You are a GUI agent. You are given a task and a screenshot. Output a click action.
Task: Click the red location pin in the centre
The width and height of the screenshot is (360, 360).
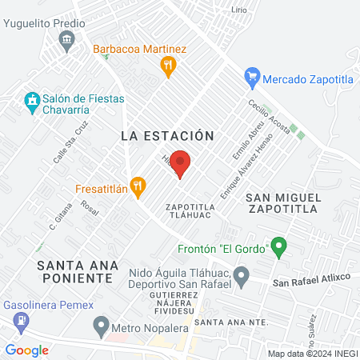pyautogui.click(x=181, y=162)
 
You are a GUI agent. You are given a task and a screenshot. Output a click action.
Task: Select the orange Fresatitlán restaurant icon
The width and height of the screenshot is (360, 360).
pyautogui.click(x=138, y=186)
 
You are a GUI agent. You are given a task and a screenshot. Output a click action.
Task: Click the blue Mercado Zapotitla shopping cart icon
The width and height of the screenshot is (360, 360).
pyautogui.click(x=253, y=78)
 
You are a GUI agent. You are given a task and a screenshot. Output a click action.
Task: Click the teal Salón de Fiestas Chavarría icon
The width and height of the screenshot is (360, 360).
pyautogui.click(x=31, y=102)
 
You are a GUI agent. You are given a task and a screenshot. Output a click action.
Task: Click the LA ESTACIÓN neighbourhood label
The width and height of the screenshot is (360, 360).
pyautogui.click(x=167, y=136)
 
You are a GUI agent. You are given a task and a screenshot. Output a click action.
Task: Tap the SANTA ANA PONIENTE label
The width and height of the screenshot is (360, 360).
pyautogui.click(x=77, y=271)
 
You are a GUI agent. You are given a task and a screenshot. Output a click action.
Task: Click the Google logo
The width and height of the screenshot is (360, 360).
pyautogui.click(x=27, y=350)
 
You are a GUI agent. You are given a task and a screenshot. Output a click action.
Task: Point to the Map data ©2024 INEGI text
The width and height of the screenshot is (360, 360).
pyautogui.click(x=310, y=353)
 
